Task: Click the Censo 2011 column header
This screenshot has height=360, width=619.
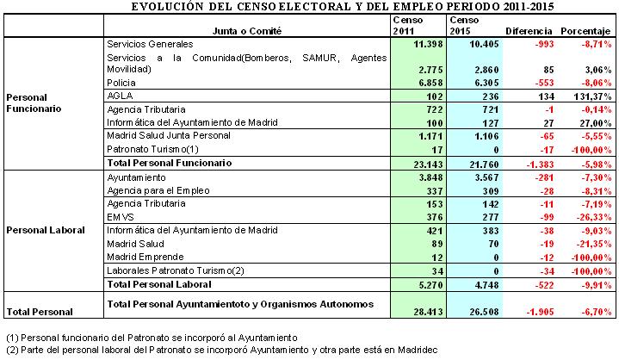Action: coord(403,25)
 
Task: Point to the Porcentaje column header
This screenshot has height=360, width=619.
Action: coord(585,30)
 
